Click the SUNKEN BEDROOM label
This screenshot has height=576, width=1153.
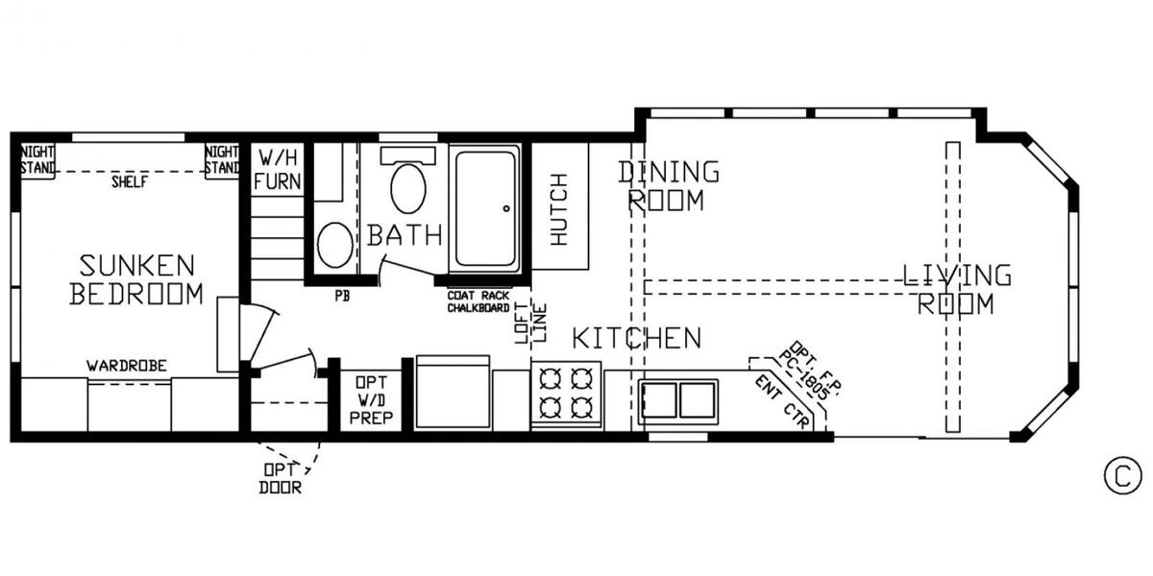click(136, 279)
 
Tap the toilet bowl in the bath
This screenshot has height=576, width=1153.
click(408, 188)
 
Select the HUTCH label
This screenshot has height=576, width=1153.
click(559, 209)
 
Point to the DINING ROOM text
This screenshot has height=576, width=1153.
click(668, 185)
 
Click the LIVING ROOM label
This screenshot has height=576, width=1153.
click(957, 289)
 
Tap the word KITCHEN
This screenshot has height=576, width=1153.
click(637, 338)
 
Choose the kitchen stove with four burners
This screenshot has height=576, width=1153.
click(566, 394)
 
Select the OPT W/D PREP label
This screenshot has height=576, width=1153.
click(371, 400)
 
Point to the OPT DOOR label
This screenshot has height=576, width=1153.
click(281, 478)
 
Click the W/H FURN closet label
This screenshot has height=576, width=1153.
click(277, 170)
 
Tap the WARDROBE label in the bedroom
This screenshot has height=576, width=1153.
click(127, 366)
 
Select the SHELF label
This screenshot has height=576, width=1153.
click(130, 181)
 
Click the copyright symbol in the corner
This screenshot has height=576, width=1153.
click(1122, 476)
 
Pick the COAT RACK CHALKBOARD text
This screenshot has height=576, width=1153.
click(478, 301)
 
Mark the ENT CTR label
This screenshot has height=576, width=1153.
click(782, 401)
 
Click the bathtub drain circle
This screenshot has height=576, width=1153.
click(506, 208)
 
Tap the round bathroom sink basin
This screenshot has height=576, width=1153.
click(335, 245)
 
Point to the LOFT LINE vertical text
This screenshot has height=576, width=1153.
click(530, 323)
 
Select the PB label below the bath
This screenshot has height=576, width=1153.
click(342, 297)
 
